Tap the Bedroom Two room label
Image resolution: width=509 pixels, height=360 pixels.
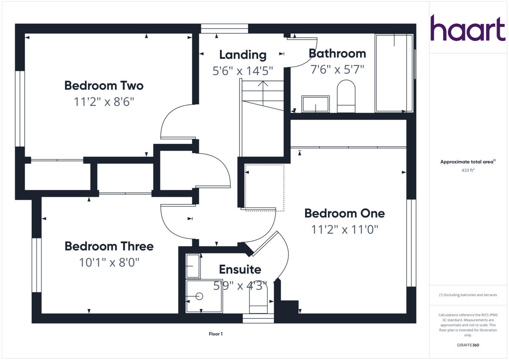pyautogui.click(x=104, y=86)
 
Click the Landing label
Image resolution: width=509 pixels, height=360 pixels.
pyautogui.click(x=243, y=55)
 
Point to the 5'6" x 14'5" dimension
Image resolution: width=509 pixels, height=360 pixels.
pyautogui.click(x=243, y=70)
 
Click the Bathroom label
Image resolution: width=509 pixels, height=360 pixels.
pyautogui.click(x=337, y=53)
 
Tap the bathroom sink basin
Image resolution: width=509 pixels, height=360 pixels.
pyautogui.click(x=315, y=104)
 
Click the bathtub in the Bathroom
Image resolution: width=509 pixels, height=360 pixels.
pyautogui.click(x=394, y=73)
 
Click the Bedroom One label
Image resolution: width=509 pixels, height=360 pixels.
pyautogui.click(x=344, y=213)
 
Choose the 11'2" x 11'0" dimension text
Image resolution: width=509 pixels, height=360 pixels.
pyautogui.click(x=344, y=229)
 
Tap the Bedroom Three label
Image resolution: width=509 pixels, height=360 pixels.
pyautogui.click(x=109, y=246)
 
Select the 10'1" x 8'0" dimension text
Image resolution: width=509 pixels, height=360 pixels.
pyautogui.click(x=109, y=262)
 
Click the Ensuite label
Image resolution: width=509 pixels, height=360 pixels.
pyautogui.click(x=240, y=270)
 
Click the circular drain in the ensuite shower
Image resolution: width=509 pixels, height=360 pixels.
pyautogui.click(x=199, y=296)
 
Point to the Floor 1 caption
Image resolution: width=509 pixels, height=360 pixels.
pyautogui.click(x=215, y=334)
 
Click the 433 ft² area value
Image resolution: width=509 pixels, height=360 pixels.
pyautogui.click(x=467, y=170)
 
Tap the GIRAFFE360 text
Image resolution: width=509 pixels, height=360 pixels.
pyautogui.click(x=467, y=345)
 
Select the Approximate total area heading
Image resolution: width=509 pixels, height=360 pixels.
pyautogui.click(x=467, y=162)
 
